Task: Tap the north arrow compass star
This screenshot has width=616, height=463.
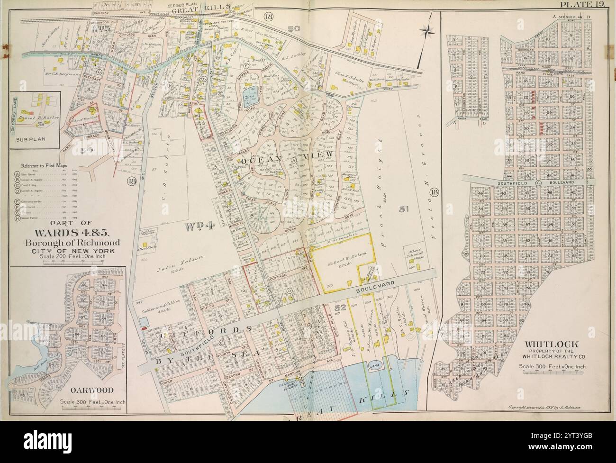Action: (430, 31)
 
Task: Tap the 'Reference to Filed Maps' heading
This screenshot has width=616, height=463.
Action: (43, 166)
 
